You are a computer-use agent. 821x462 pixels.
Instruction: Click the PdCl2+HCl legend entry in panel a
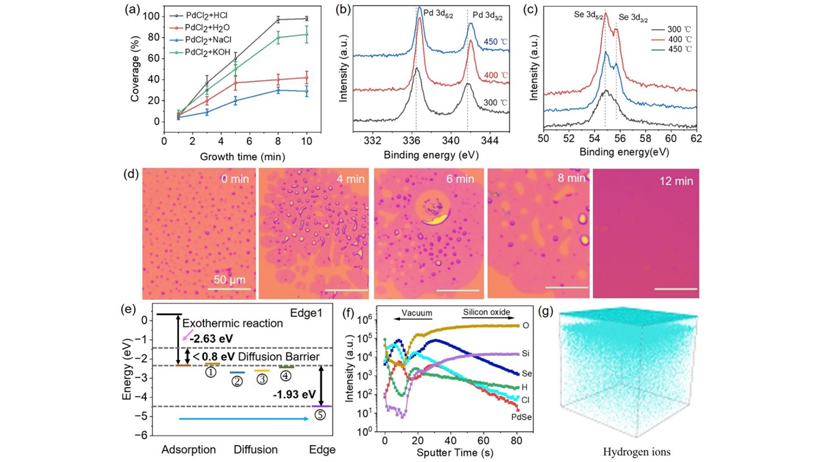click(x=207, y=15)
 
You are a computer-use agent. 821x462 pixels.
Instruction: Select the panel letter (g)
click(x=546, y=312)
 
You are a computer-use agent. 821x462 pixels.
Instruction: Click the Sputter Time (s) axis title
click(x=446, y=450)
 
